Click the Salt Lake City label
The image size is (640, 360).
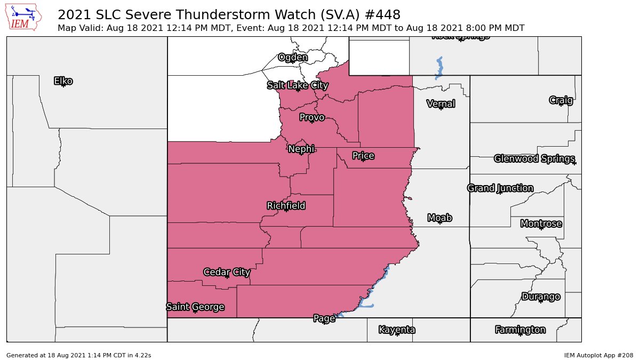(x=297, y=85)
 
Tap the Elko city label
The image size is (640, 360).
(x=63, y=81)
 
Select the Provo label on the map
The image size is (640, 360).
(x=311, y=117)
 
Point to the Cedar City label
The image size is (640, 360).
(x=227, y=272)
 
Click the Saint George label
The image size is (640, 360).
(x=195, y=307)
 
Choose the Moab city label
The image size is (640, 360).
(x=440, y=218)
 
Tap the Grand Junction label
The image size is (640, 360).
(x=500, y=188)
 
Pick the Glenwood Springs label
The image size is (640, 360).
(x=534, y=158)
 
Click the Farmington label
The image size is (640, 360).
(x=520, y=330)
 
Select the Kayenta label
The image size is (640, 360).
(x=397, y=330)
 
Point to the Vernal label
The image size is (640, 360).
(x=441, y=103)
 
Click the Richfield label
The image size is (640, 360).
(x=286, y=205)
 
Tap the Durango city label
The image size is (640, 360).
(x=541, y=297)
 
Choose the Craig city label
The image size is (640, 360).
(x=561, y=100)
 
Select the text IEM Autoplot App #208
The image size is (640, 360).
(x=598, y=355)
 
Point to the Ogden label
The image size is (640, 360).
(x=293, y=58)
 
